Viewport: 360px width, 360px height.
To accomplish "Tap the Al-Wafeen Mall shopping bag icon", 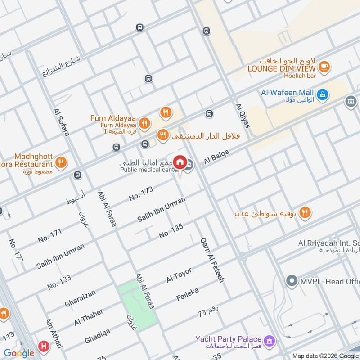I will coord(322,94).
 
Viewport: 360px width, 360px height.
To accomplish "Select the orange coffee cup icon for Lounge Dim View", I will coord(324,67).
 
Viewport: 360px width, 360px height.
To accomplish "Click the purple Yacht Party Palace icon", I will coord(270,342).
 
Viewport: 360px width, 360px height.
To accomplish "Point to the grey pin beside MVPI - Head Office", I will coord(292,281).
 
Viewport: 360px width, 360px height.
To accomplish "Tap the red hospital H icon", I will coord(44,346).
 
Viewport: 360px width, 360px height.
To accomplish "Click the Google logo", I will coord(19,353).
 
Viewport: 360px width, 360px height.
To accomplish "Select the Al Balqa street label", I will coord(216,157).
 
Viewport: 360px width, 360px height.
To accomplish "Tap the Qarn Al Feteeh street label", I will coord(212,260).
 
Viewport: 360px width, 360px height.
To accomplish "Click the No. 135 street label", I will coord(171,231).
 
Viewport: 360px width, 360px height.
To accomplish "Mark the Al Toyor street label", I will coord(179,275).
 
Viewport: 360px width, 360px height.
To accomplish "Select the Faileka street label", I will coord(188,295).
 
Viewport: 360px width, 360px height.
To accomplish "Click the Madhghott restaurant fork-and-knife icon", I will coord(60,162).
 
